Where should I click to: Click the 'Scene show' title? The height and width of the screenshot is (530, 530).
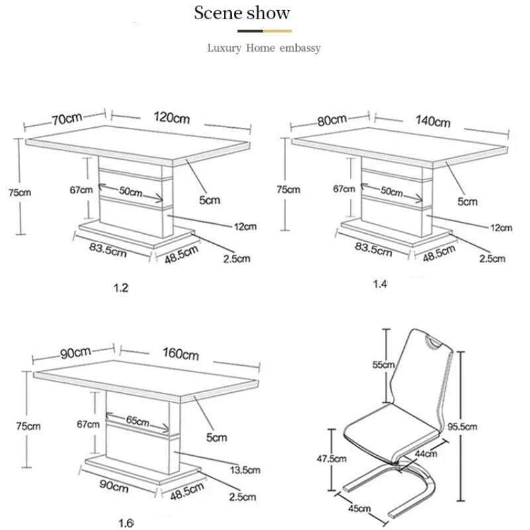click(x=242, y=13)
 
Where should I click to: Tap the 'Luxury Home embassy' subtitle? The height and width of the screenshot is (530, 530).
click(x=264, y=48)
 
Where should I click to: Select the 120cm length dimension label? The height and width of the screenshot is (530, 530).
click(x=172, y=118)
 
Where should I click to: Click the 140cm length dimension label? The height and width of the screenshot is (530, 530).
click(x=433, y=121)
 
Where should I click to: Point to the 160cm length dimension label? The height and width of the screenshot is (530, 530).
click(x=181, y=354)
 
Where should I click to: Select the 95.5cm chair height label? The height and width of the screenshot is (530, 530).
click(x=462, y=427)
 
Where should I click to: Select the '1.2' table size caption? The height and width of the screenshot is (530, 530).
click(x=119, y=288)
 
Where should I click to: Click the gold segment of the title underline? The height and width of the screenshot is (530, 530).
click(x=277, y=30)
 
